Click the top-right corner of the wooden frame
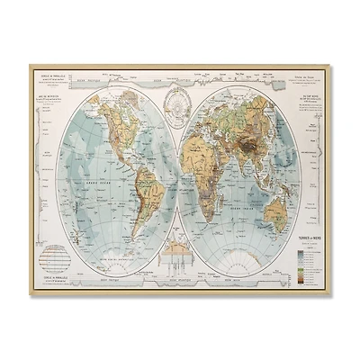coord(332,59)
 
